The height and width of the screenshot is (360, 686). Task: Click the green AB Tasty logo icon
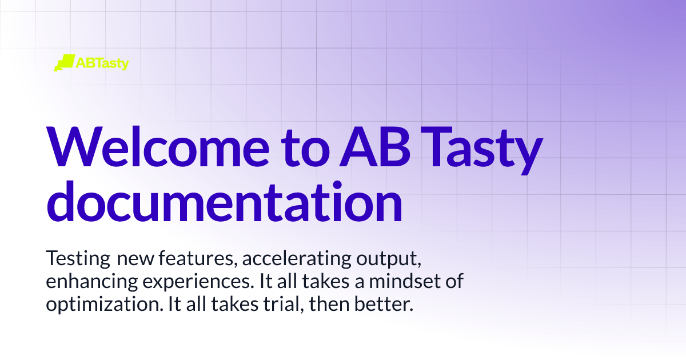(x=64, y=63)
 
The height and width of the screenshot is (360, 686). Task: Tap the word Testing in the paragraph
(x=78, y=259)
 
